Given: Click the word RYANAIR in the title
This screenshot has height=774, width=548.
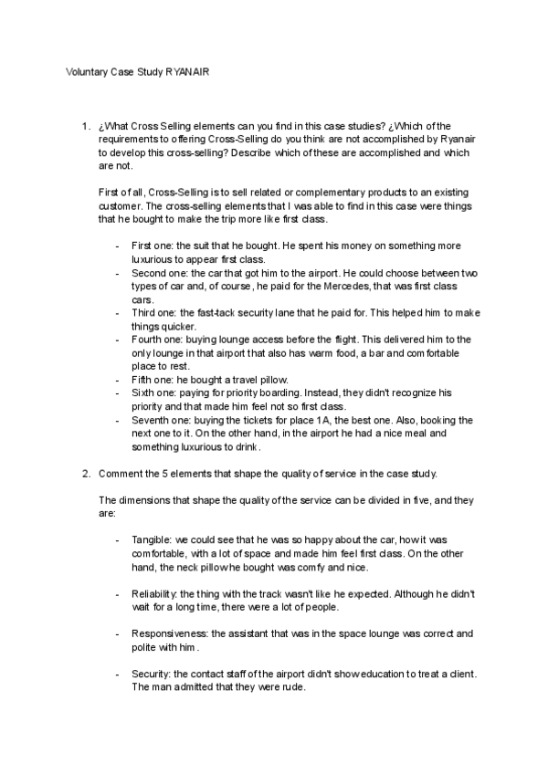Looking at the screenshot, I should (188, 71).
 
